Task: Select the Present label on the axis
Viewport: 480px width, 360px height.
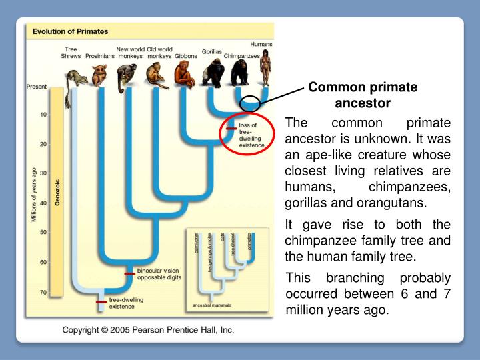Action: click(36, 87)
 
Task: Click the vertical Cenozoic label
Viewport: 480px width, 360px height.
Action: click(58, 192)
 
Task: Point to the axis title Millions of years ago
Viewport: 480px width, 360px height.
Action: click(32, 193)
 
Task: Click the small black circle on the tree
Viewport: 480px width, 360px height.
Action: click(250, 103)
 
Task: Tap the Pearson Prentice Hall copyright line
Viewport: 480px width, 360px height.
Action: click(147, 329)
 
